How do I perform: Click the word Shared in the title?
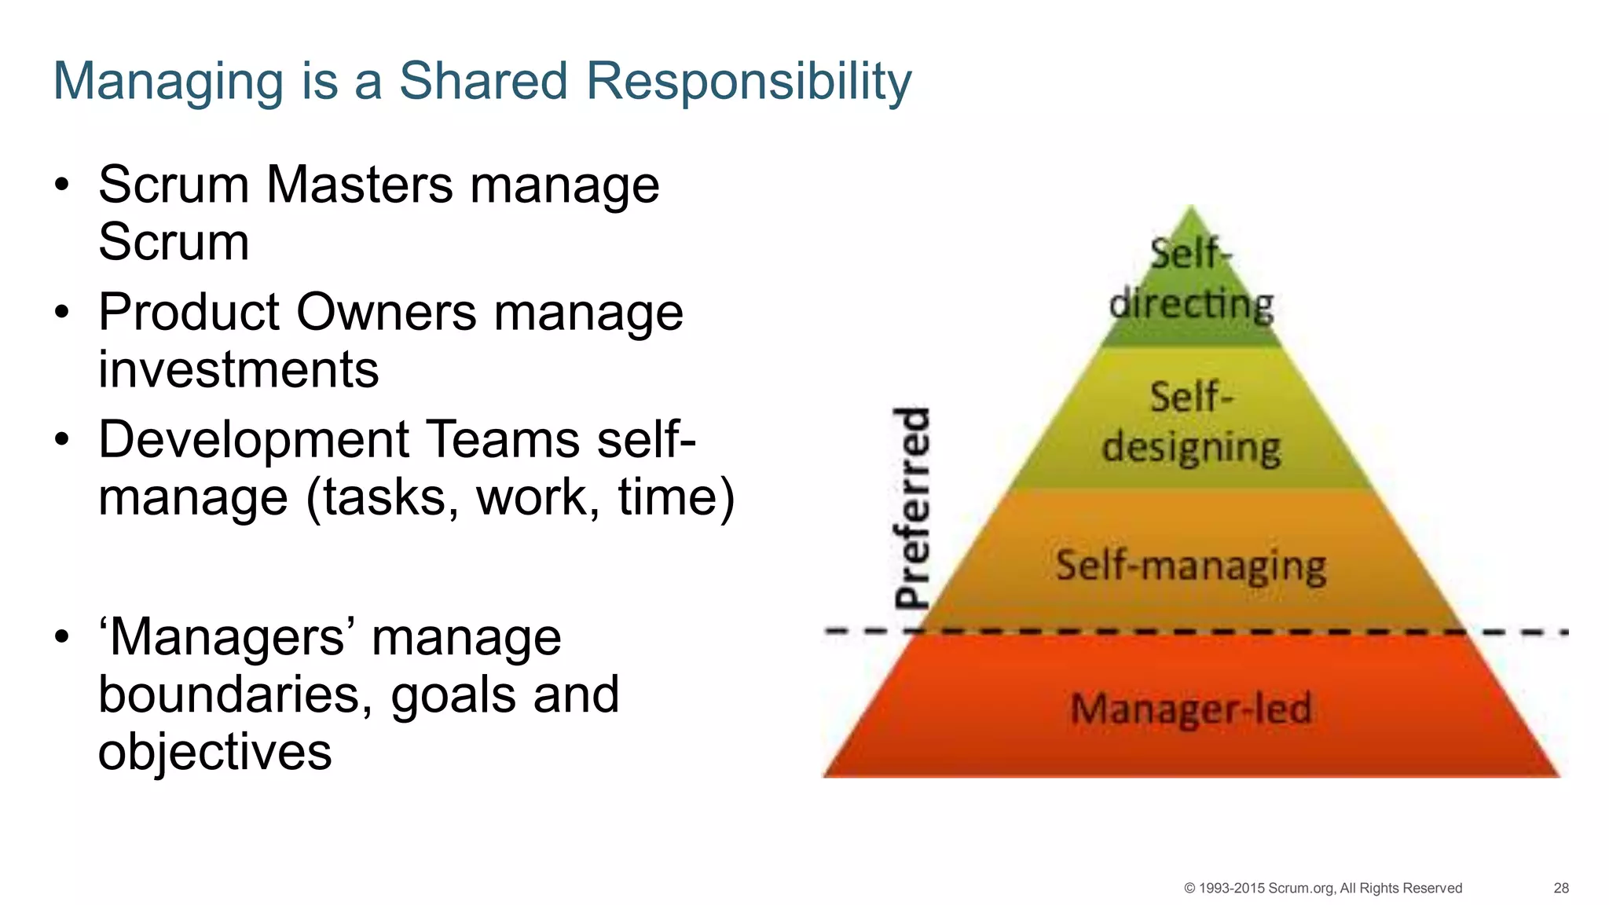point(483,80)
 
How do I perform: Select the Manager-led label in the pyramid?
point(1191,709)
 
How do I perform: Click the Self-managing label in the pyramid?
point(1191,566)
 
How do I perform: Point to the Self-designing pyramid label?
point(1191,423)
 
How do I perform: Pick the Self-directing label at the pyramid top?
point(1191,280)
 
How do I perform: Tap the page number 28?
point(1561,888)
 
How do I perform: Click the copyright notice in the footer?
point(1323,888)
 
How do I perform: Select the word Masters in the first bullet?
point(360,185)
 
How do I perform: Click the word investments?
point(239,369)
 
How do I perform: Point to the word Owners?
point(387,313)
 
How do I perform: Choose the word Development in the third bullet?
point(254,439)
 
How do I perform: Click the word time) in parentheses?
point(676,497)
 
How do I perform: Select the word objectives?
point(215,752)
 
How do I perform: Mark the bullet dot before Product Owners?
point(62,313)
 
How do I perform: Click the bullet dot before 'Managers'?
point(62,637)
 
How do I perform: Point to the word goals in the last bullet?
point(453,696)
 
